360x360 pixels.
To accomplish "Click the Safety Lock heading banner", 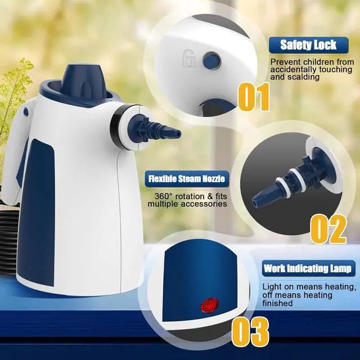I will click(308, 44).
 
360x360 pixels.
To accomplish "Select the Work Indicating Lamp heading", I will click(308, 268).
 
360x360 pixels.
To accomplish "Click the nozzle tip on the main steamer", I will click(175, 133).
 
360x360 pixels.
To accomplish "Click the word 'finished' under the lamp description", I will click(277, 303).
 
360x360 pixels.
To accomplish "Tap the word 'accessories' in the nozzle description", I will click(205, 204).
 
